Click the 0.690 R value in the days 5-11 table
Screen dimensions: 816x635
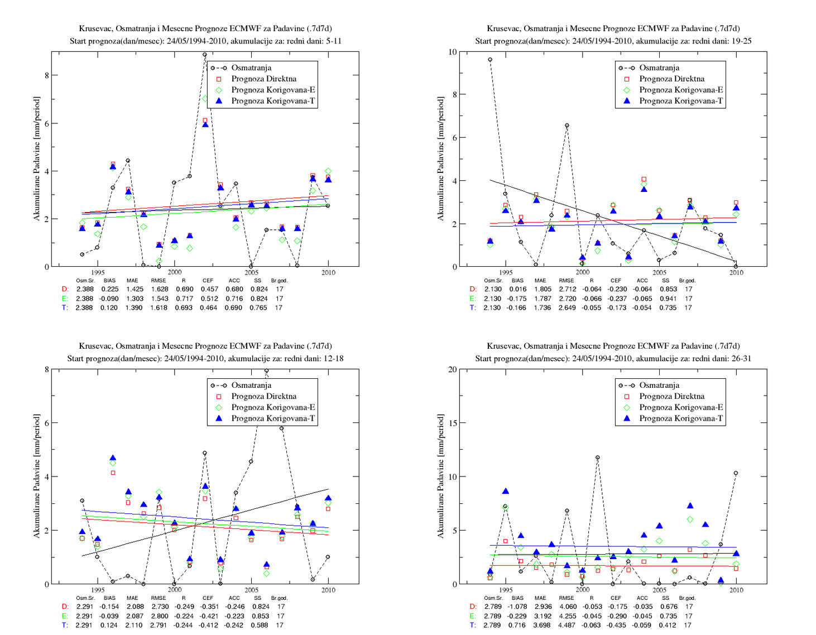click(184, 289)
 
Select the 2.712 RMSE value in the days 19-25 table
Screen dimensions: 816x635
click(567, 289)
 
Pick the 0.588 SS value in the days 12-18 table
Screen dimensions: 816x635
click(260, 625)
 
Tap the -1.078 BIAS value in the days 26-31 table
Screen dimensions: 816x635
click(517, 607)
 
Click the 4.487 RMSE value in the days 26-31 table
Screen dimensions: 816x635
click(567, 625)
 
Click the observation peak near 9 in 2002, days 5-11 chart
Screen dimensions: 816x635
click(205, 55)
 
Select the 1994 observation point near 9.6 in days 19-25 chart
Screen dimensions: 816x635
click(490, 60)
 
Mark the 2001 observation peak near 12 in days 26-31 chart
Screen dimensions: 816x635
click(597, 458)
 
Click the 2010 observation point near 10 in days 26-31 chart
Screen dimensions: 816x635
click(736, 473)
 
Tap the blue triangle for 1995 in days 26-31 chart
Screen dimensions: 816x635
click(506, 491)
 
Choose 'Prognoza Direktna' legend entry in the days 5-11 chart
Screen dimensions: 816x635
click(263, 79)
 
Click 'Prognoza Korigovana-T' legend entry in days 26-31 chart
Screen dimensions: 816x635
click(681, 418)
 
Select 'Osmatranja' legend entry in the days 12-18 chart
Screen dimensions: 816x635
click(251, 385)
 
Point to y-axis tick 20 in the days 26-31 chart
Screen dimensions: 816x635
click(453, 369)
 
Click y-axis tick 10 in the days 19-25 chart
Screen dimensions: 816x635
click(453, 52)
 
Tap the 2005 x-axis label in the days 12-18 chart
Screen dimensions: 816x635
click(251, 590)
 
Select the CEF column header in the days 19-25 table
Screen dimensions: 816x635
click(616, 280)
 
